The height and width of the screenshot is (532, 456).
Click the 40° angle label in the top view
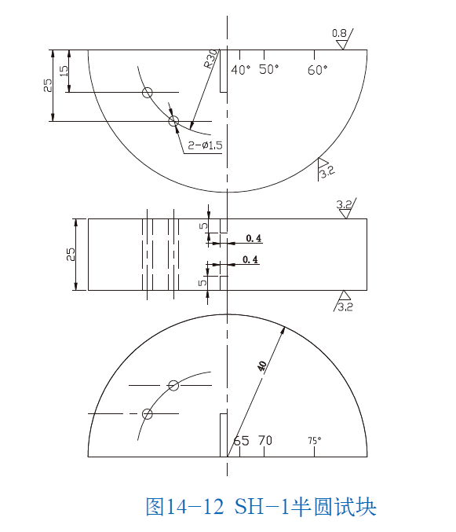coord(241,70)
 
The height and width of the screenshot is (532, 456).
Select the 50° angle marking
coord(269,70)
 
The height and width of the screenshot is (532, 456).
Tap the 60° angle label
coord(318,70)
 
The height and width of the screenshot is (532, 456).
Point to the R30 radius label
coord(210,61)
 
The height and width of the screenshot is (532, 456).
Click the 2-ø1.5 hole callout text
coord(206,145)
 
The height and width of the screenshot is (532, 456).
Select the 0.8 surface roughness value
coord(339,33)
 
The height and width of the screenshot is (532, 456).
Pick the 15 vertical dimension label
coord(64,71)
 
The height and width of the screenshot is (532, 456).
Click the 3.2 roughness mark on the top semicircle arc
coord(326,171)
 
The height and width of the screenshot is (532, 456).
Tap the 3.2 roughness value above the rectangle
coord(344,205)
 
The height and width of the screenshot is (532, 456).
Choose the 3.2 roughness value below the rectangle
coord(345,306)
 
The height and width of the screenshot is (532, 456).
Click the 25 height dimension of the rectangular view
coord(71,254)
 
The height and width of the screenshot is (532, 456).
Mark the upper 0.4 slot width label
coord(254,238)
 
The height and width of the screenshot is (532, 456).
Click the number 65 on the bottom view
coord(241,441)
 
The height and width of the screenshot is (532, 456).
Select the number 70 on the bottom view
coord(265,441)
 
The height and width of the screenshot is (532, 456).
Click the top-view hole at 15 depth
coord(147,93)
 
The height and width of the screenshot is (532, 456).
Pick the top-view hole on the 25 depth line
coord(173,121)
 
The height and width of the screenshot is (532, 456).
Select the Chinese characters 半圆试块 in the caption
coord(339,507)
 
